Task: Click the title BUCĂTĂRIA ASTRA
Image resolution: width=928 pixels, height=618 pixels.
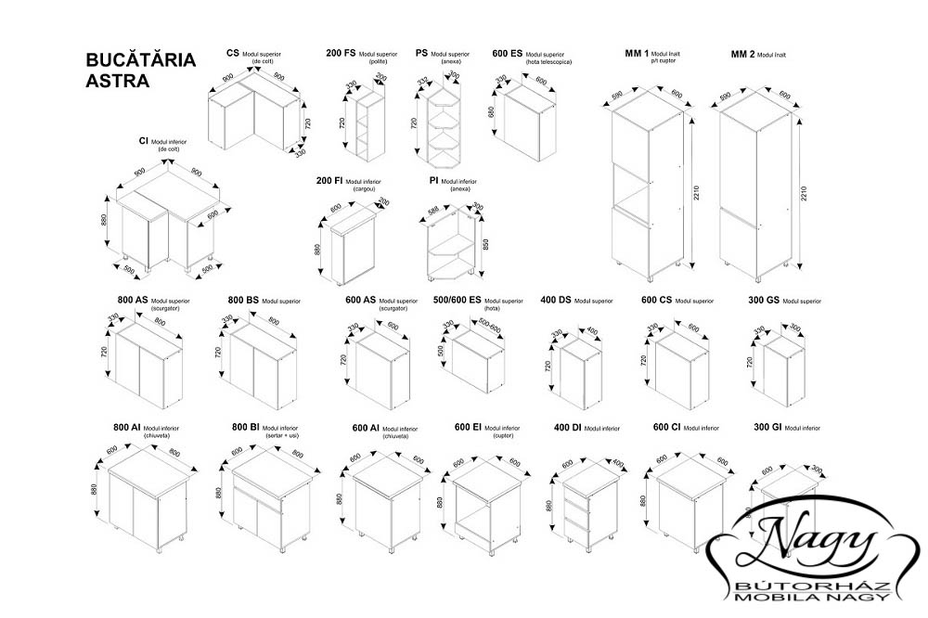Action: (x=140, y=70)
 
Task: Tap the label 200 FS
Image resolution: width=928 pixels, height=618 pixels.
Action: (x=341, y=54)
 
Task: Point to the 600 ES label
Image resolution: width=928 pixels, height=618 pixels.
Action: (x=508, y=54)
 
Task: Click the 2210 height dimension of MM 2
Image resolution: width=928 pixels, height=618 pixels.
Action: (x=805, y=193)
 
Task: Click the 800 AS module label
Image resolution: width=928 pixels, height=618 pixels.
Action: (x=133, y=301)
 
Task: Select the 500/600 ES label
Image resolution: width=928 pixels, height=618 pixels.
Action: (x=457, y=301)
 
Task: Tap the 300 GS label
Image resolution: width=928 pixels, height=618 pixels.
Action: (x=764, y=301)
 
